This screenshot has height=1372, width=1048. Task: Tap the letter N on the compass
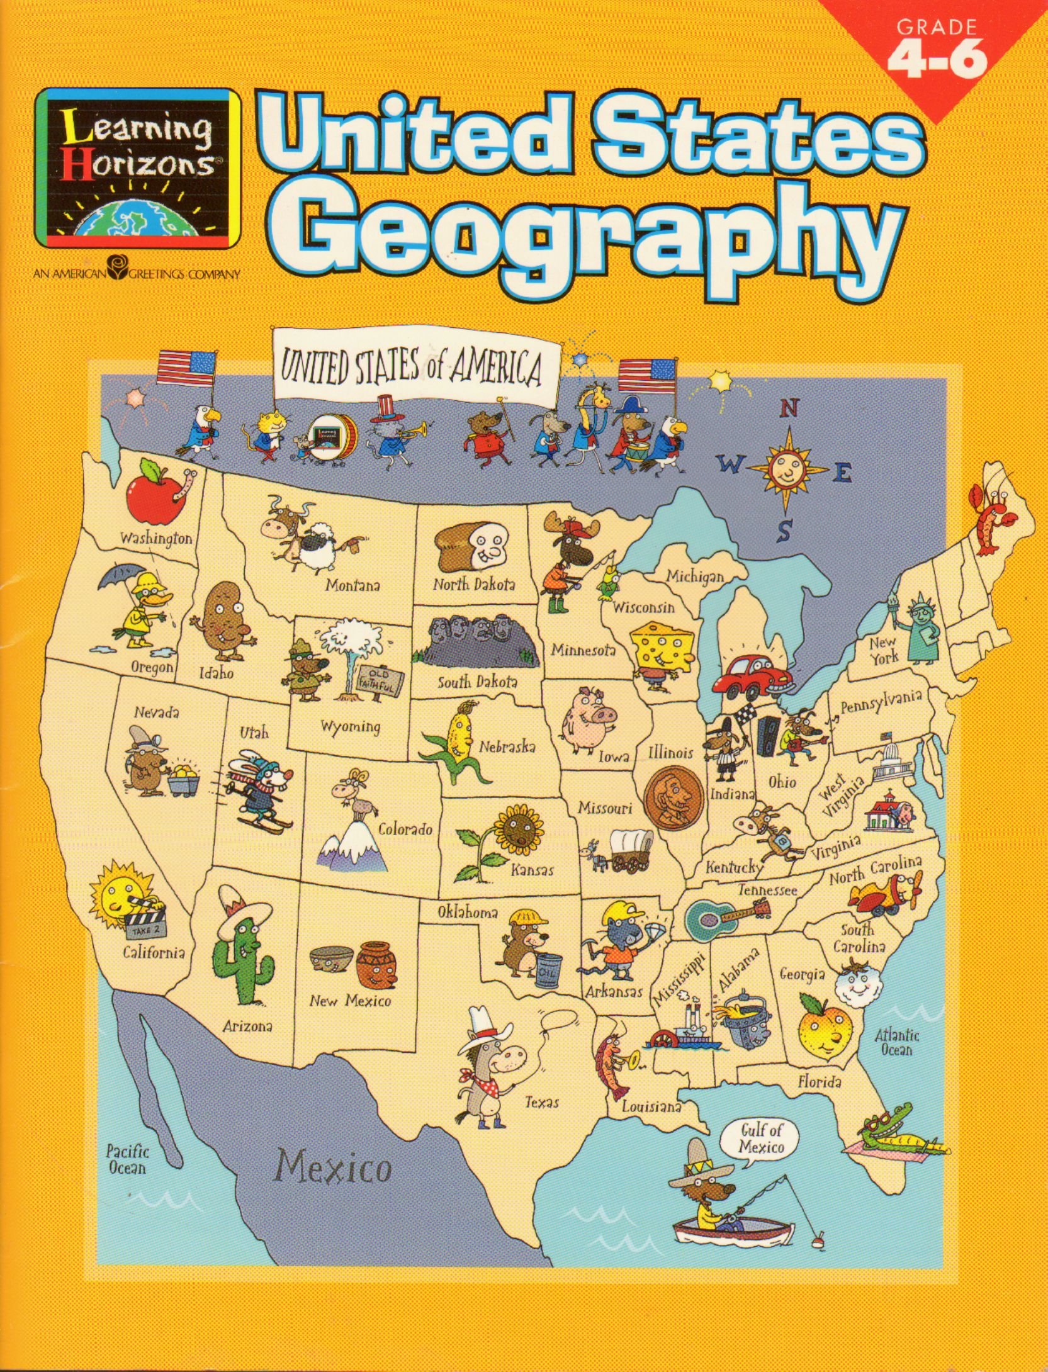(789, 409)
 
